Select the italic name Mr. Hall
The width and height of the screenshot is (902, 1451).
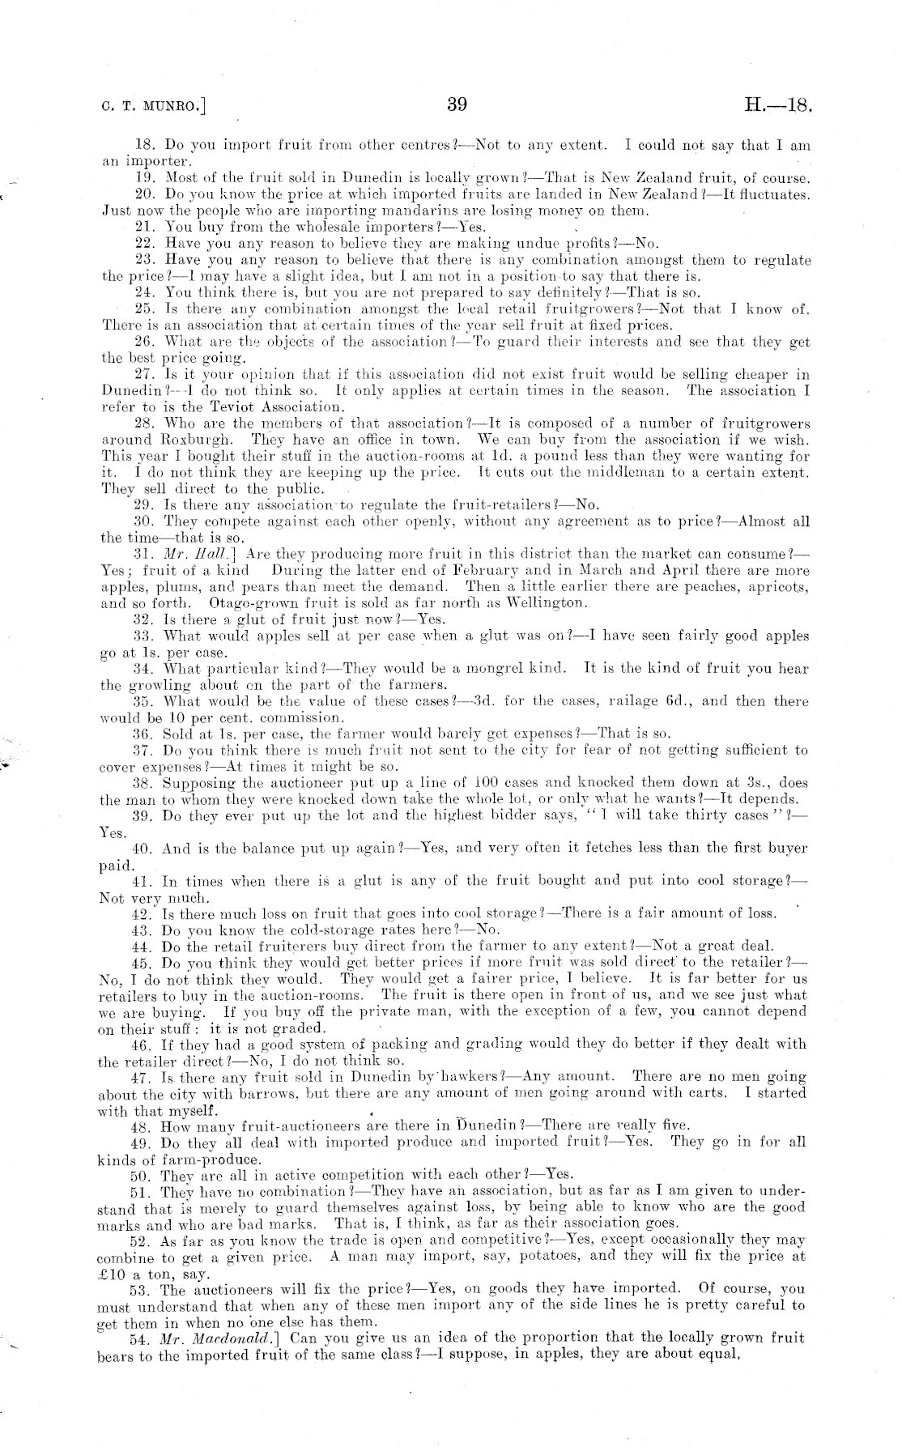(x=191, y=555)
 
